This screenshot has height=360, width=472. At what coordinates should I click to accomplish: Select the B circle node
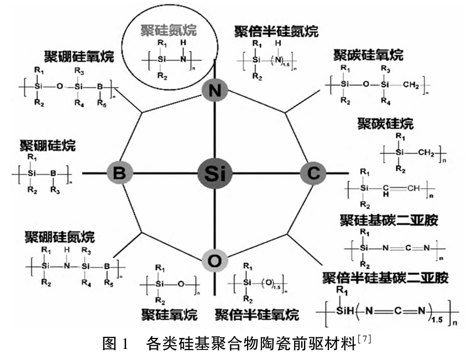tap(119, 174)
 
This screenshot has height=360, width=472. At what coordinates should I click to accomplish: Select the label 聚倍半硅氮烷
tap(276, 30)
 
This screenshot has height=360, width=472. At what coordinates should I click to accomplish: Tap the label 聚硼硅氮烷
tap(60, 238)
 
